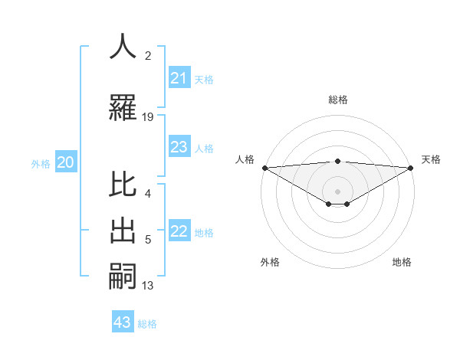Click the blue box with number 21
(179, 78)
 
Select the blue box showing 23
(179, 147)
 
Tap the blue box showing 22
(179, 231)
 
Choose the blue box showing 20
(65, 162)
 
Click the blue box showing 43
(123, 322)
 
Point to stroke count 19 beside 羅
(148, 116)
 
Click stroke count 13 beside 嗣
(148, 286)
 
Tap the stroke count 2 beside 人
(148, 55)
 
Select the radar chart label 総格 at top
(337, 100)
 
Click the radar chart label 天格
(431, 159)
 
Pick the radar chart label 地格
(402, 262)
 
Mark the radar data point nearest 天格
(411, 168)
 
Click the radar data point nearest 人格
(264, 168)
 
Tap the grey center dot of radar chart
(337, 191)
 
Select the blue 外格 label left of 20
(41, 163)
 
